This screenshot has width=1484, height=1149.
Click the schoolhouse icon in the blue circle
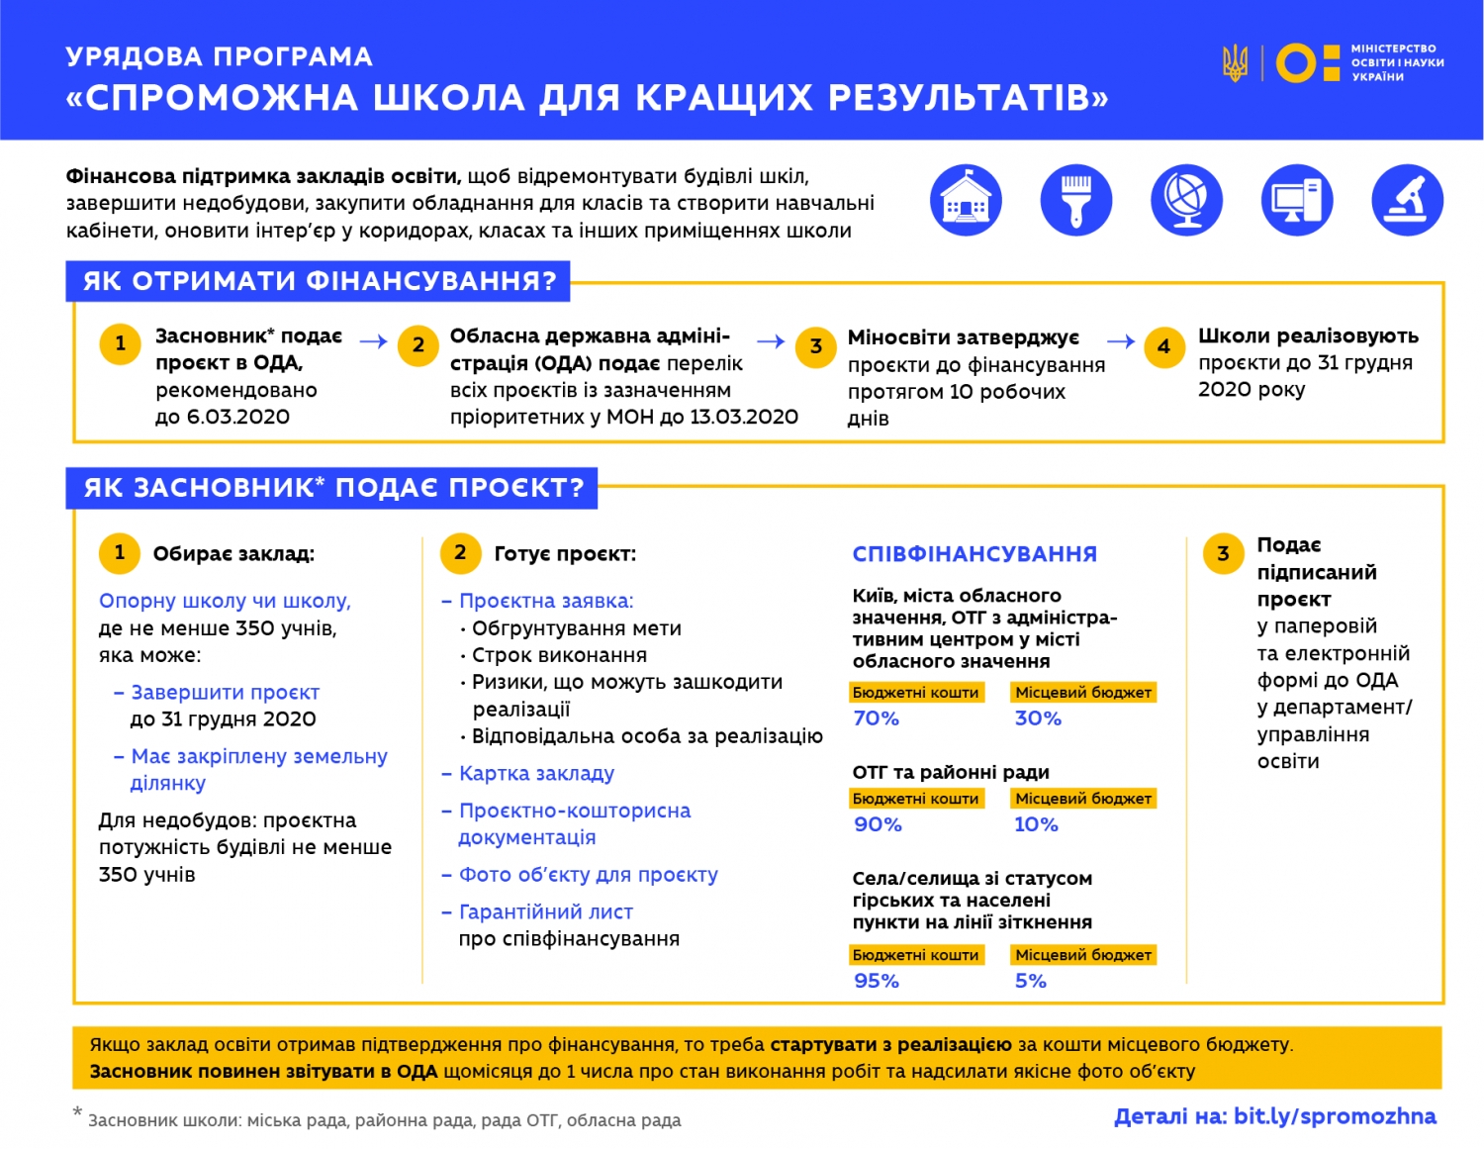(x=966, y=200)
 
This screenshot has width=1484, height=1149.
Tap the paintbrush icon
(x=1076, y=200)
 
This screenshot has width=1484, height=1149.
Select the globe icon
(x=1186, y=200)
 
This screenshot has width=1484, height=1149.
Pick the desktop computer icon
(x=1297, y=200)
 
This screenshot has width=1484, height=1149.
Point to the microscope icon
(x=1407, y=200)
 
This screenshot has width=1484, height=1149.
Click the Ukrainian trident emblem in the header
(x=1235, y=62)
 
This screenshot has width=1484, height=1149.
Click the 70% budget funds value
(x=877, y=718)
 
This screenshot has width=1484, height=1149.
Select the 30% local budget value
(x=1038, y=718)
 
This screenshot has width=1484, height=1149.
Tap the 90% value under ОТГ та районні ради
(x=878, y=824)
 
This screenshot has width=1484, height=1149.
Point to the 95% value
(x=877, y=981)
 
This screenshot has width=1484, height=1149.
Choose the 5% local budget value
(x=1030, y=981)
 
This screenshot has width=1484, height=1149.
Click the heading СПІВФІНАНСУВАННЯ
(x=974, y=554)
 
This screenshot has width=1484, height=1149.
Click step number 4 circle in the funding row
(x=1163, y=346)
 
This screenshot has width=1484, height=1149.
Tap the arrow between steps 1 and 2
(x=373, y=342)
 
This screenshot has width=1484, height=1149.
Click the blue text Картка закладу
(x=536, y=774)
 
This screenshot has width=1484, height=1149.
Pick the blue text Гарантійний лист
(x=545, y=912)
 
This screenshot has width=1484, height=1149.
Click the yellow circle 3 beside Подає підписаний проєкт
(x=1223, y=553)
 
